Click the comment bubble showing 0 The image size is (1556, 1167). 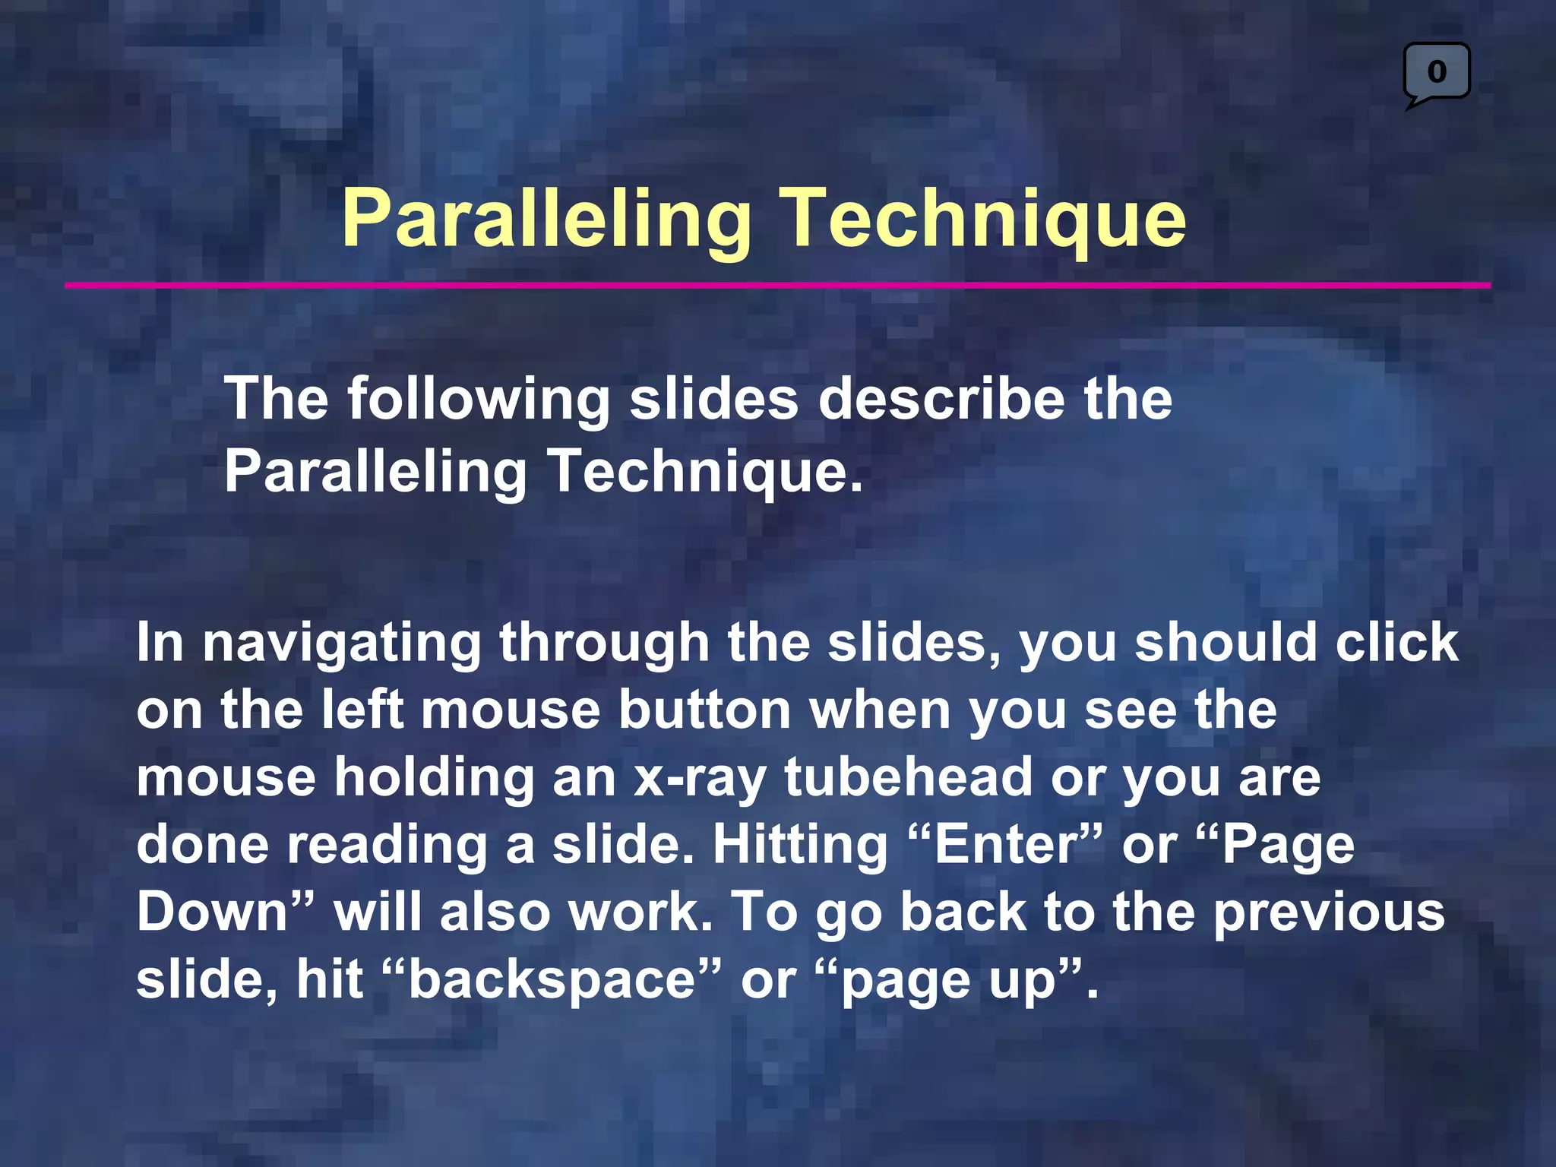tap(1436, 73)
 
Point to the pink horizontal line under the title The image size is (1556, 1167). tap(777, 286)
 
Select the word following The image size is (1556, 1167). tap(479, 400)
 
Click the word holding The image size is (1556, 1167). tap(435, 777)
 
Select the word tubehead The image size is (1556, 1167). tap(908, 777)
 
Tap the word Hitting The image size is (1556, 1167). tap(800, 846)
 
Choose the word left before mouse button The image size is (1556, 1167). tap(362, 710)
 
